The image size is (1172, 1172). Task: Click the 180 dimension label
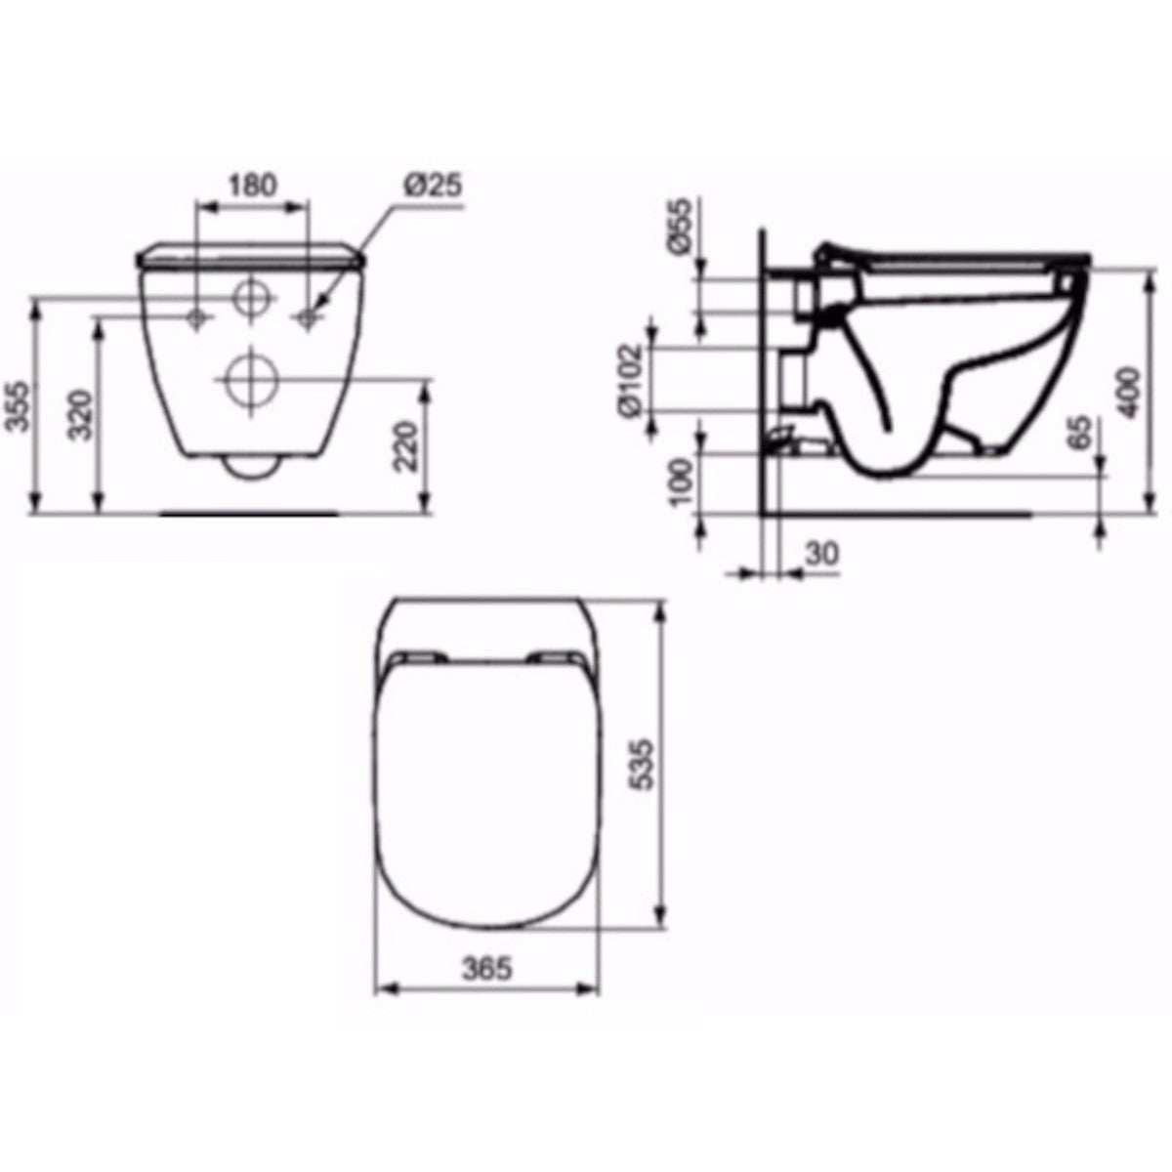pyautogui.click(x=253, y=184)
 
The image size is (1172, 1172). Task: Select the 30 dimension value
pyautogui.click(x=822, y=553)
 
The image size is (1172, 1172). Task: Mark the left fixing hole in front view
pyautogui.click(x=197, y=317)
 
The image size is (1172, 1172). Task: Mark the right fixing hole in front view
pyautogui.click(x=309, y=317)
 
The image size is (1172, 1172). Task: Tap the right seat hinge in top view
pyautogui.click(x=554, y=656)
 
